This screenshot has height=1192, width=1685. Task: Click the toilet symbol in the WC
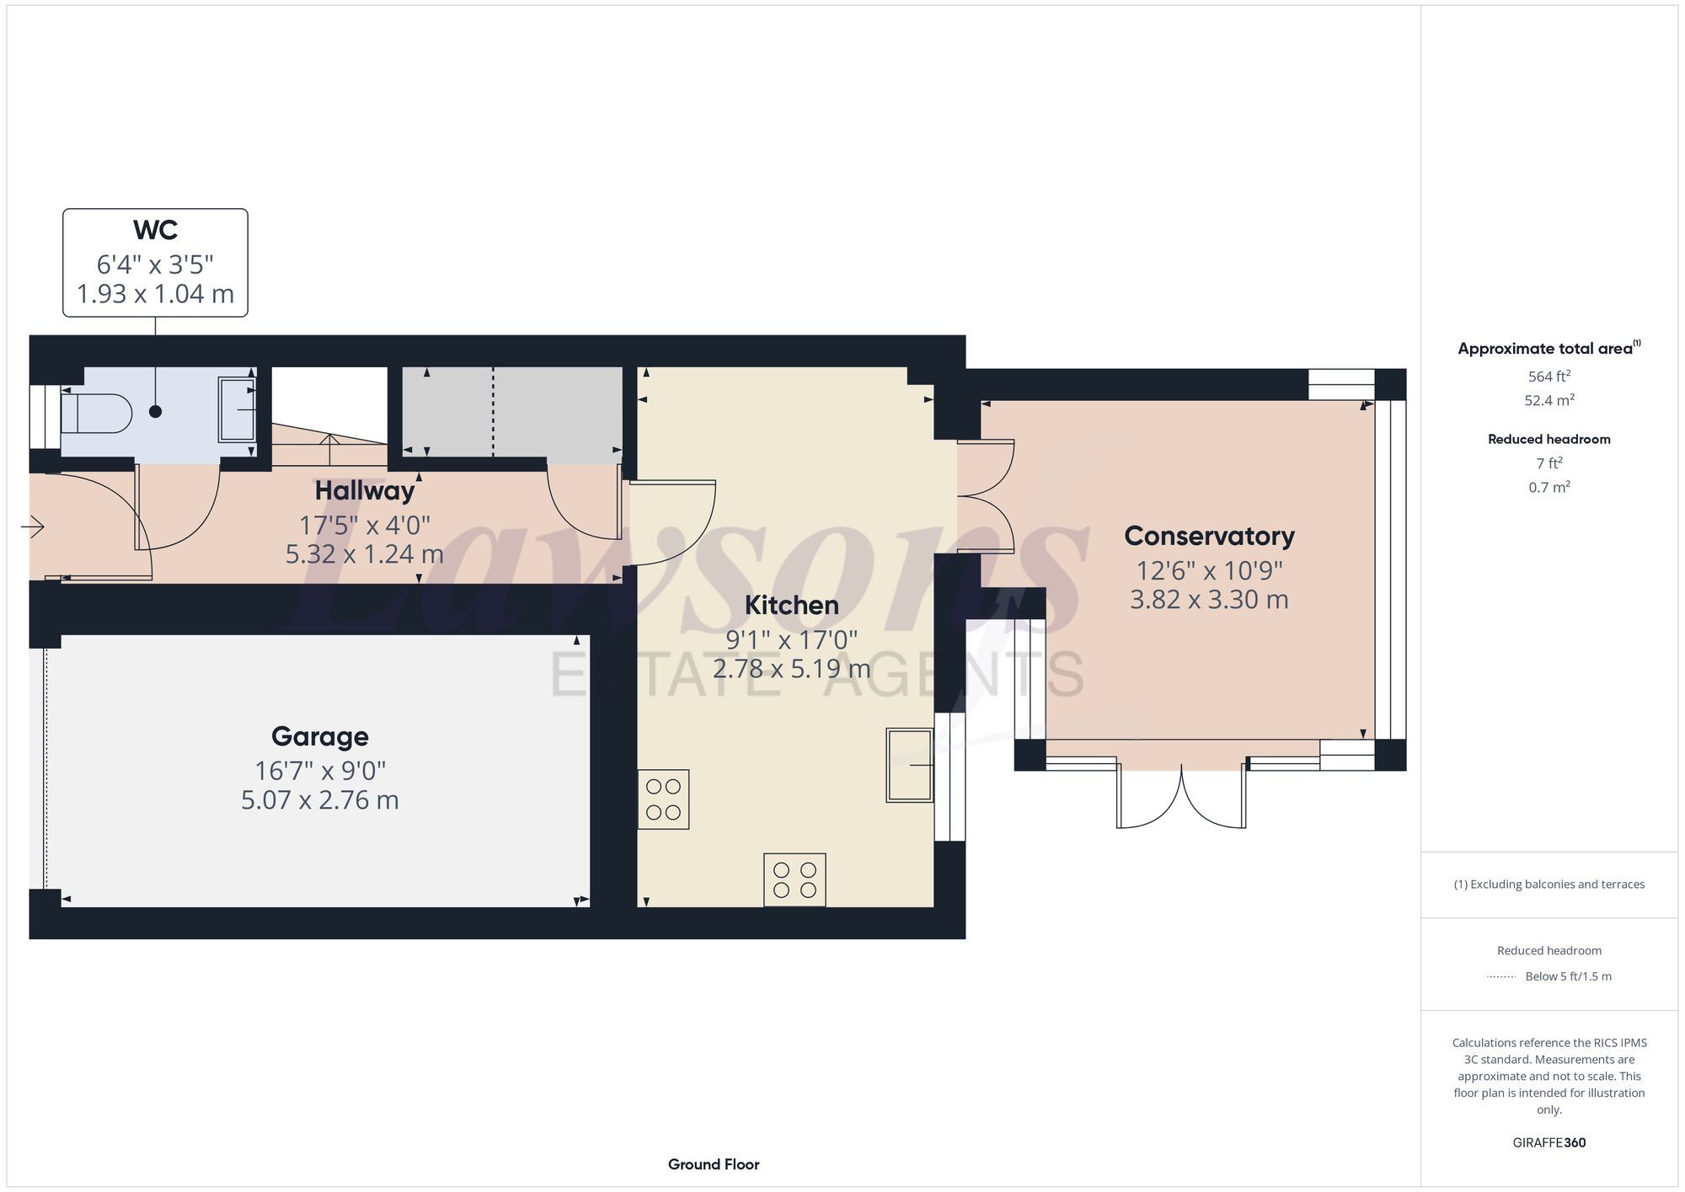click(x=96, y=414)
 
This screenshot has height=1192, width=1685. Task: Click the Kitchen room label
click(x=791, y=605)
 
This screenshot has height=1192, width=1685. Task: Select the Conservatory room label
click(x=1209, y=536)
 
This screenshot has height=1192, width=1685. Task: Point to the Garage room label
click(x=319, y=736)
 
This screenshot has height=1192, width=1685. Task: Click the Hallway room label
click(x=365, y=490)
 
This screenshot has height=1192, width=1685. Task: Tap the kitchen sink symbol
click(x=909, y=765)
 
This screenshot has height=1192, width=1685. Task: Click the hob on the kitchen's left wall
click(x=663, y=799)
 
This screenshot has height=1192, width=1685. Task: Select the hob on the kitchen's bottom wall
click(x=794, y=879)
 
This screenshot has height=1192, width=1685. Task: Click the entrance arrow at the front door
click(x=33, y=527)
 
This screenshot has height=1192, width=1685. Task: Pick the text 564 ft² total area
click(x=1549, y=377)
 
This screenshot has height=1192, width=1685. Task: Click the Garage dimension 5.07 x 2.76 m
click(x=319, y=799)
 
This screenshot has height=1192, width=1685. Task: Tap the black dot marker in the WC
click(x=155, y=412)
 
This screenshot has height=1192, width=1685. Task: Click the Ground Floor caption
click(x=714, y=1164)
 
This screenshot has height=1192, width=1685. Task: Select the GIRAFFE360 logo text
click(x=1549, y=1142)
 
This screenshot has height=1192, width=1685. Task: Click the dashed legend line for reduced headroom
click(x=1501, y=977)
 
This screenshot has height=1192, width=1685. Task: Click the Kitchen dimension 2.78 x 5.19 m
click(x=791, y=669)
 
